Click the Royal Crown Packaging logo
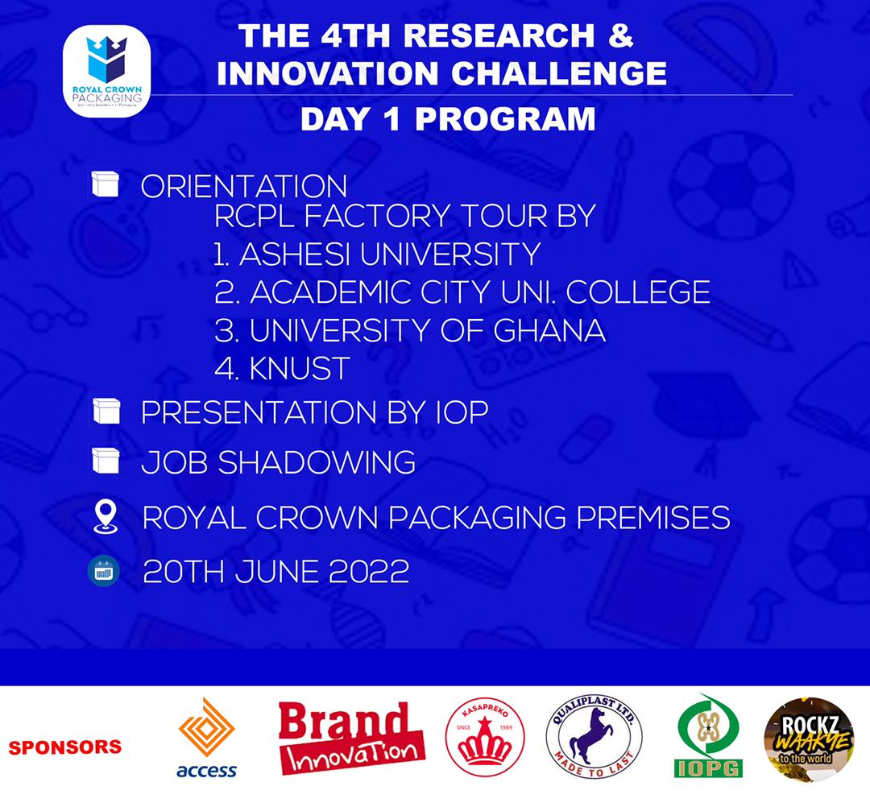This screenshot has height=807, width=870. (106, 71)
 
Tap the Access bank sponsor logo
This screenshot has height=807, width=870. (206, 736)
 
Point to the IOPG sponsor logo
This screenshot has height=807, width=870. (708, 736)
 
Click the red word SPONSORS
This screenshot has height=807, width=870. (65, 747)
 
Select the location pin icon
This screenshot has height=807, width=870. (106, 516)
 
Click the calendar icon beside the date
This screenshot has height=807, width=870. (104, 571)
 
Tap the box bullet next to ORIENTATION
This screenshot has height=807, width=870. (106, 184)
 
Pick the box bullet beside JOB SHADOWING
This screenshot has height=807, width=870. (106, 461)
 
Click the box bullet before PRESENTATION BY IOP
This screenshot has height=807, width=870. (106, 412)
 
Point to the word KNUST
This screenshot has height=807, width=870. (300, 368)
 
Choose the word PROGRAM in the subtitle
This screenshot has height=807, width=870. (505, 119)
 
